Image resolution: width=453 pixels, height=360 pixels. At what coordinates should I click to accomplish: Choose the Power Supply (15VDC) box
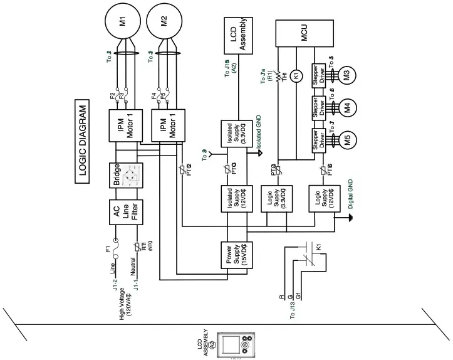237,257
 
